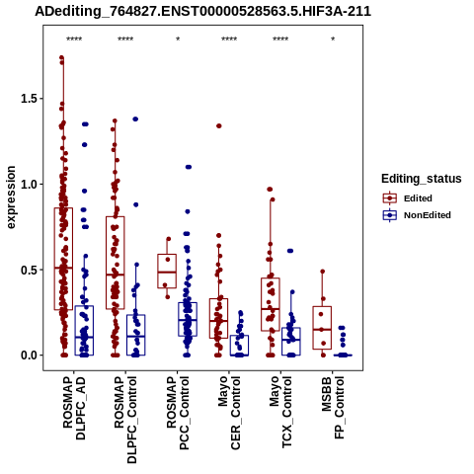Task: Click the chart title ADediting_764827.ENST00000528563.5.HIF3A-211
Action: click(x=203, y=12)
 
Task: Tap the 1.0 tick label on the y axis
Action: click(x=30, y=184)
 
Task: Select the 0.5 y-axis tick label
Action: click(x=30, y=270)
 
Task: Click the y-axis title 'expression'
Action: click(x=11, y=197)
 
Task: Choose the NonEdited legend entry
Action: click(x=417, y=215)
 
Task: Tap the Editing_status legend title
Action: click(x=422, y=179)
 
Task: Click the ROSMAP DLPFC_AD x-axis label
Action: click(x=74, y=408)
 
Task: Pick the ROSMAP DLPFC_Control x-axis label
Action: click(x=125, y=420)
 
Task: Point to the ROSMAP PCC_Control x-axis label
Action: click(x=178, y=413)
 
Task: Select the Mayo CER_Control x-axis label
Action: click(x=229, y=413)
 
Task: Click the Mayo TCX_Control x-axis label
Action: click(x=280, y=412)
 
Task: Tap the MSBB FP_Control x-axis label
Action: click(x=333, y=408)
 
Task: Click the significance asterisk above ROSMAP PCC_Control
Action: click(x=178, y=39)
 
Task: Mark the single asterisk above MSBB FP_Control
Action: click(x=333, y=39)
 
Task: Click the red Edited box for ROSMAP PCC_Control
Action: click(x=167, y=255)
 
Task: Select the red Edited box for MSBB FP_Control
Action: click(x=322, y=307)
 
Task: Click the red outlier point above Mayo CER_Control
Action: click(x=218, y=125)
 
